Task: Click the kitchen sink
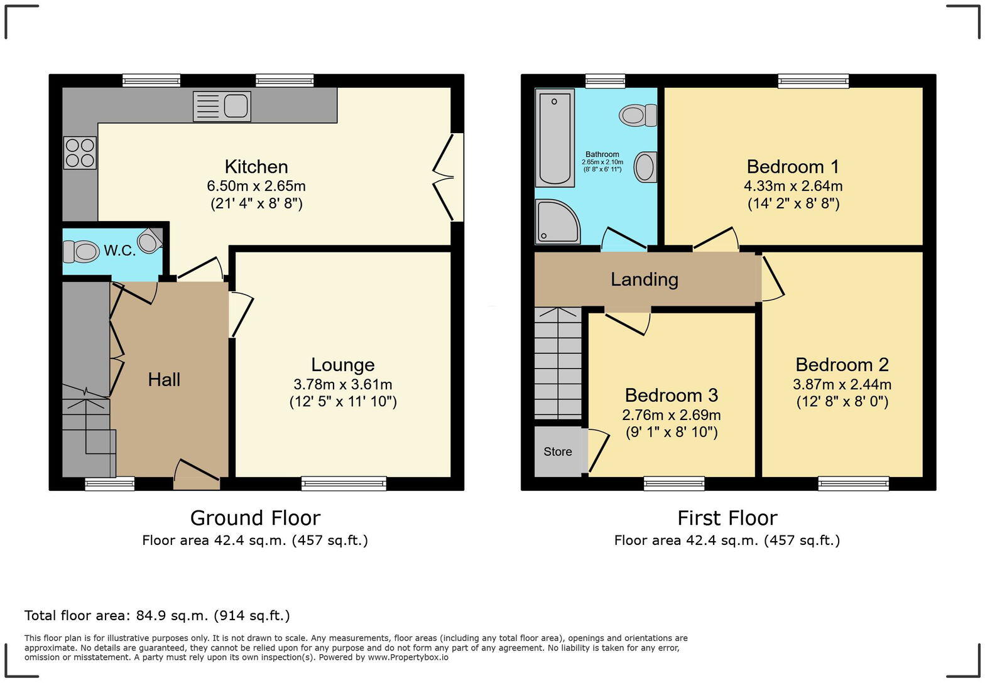click(x=222, y=105)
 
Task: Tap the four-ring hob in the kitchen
click(x=80, y=153)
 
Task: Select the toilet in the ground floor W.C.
click(x=82, y=252)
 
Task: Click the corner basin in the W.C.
click(x=150, y=241)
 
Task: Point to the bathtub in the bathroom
click(x=555, y=137)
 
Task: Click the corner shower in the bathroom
click(x=557, y=221)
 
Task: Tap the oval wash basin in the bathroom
click(x=645, y=168)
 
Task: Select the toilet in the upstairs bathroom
click(x=637, y=116)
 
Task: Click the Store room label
click(x=557, y=452)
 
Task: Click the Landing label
click(x=644, y=279)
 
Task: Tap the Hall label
click(x=164, y=379)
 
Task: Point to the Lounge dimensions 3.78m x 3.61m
click(x=342, y=384)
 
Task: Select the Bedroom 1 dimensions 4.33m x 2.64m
click(x=793, y=186)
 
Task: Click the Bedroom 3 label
click(x=671, y=395)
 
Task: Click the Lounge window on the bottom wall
click(x=344, y=483)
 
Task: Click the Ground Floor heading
click(x=255, y=518)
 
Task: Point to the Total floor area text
click(x=157, y=615)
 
